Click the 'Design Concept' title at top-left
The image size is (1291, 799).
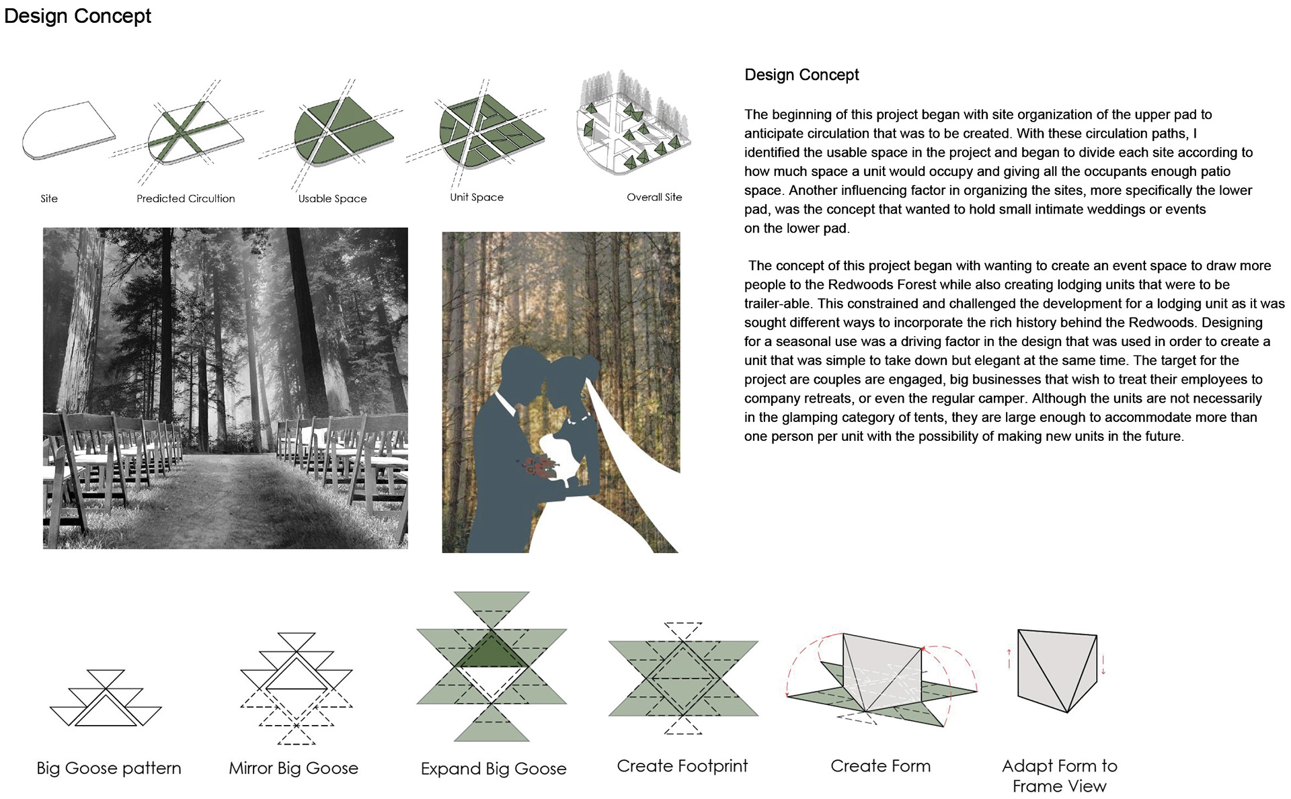click(77, 16)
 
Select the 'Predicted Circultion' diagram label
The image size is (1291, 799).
click(186, 198)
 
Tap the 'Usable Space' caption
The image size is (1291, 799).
click(332, 198)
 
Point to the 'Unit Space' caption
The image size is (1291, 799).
click(477, 197)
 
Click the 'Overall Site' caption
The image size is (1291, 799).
click(654, 197)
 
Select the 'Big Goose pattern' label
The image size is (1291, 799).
click(109, 768)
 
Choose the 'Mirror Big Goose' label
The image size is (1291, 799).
click(293, 768)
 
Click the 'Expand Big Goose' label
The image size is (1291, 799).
click(494, 769)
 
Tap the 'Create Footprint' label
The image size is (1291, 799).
click(682, 766)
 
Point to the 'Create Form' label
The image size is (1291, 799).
click(880, 766)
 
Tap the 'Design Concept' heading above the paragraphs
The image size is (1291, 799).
click(801, 75)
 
